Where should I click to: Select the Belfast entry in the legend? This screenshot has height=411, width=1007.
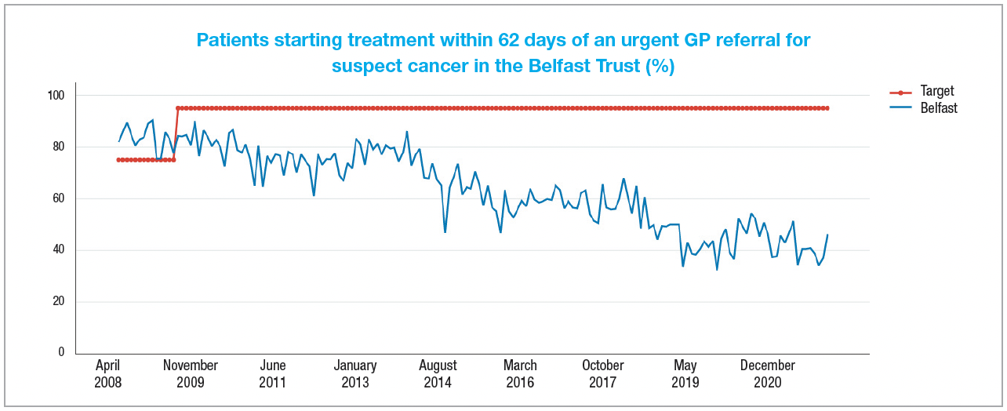939,108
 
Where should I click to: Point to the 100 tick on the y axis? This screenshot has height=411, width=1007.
57,96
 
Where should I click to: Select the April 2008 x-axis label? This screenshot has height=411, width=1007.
108,374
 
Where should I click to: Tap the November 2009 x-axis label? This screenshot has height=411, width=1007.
191,374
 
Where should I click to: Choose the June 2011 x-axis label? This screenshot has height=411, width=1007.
273,374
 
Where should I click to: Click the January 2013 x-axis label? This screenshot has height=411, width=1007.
355,374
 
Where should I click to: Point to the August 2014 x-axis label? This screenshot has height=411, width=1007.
438,374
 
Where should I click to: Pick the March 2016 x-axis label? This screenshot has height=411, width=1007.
520,374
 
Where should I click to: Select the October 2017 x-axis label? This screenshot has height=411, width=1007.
603,374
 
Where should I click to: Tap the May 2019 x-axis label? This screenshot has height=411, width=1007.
685,374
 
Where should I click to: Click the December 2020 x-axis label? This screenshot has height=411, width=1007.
768,374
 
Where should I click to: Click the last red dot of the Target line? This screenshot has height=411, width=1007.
827,108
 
